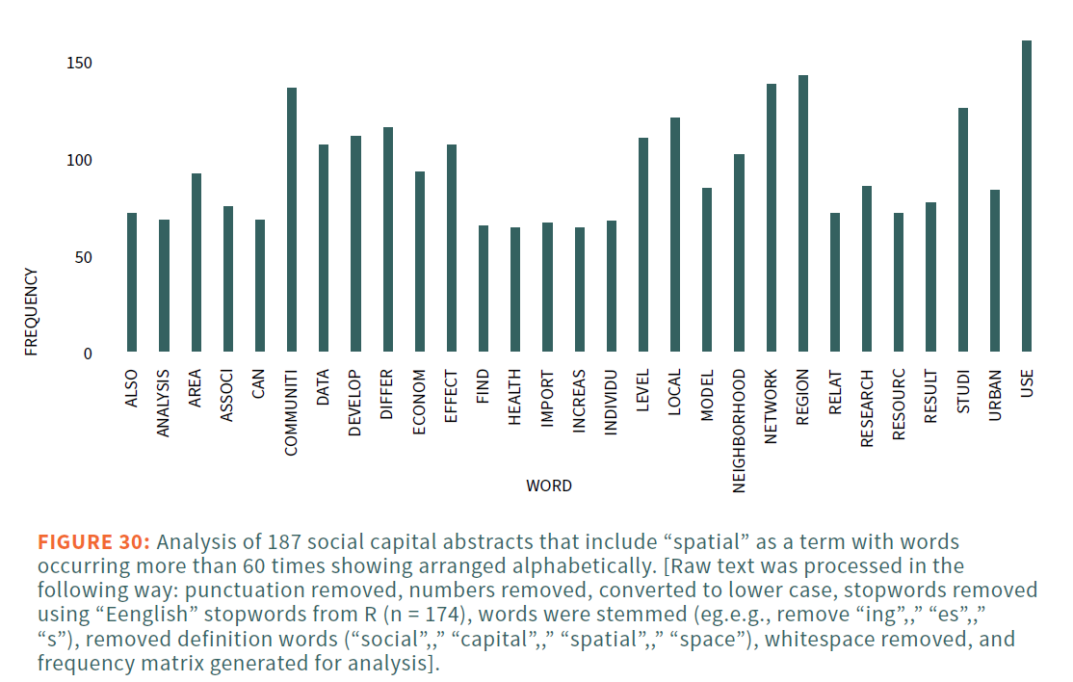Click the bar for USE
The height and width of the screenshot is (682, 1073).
coord(1026,197)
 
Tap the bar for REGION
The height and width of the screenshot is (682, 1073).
coord(802,214)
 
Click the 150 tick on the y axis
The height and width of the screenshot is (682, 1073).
coord(80,64)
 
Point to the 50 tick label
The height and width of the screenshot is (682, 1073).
coord(84,257)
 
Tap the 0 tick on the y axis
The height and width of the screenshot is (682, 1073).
coord(88,354)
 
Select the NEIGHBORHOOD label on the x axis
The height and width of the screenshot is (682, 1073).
coord(739,431)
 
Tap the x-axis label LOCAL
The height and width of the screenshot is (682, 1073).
coord(674,392)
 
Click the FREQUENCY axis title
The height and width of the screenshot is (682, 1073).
coord(32,311)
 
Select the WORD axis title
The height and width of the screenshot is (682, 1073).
coord(548,485)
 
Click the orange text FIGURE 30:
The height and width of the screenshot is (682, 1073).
coord(93,541)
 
